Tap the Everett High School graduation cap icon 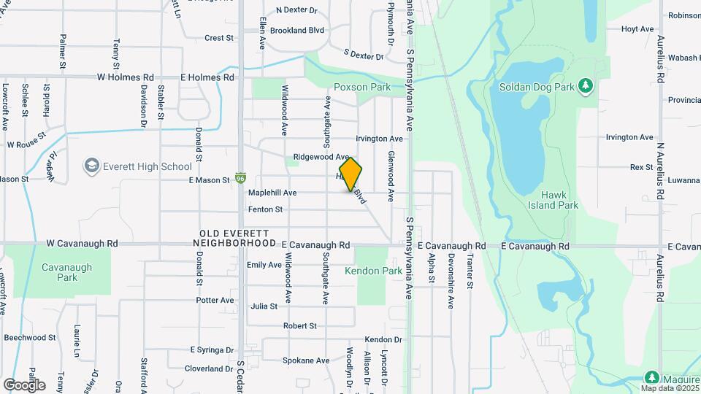click(91, 166)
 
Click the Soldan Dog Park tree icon click(585, 87)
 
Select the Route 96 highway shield click(241, 178)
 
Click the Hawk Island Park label click(559, 200)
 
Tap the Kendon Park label click(373, 271)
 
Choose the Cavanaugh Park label click(67, 272)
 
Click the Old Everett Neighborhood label click(237, 238)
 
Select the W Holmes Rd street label click(126, 77)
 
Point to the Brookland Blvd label click(296, 31)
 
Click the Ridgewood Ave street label click(321, 157)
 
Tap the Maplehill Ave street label click(272, 193)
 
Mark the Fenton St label click(265, 209)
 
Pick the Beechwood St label click(30, 338)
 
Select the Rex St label click(641, 167)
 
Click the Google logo click(24, 385)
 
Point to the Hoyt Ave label click(637, 28)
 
